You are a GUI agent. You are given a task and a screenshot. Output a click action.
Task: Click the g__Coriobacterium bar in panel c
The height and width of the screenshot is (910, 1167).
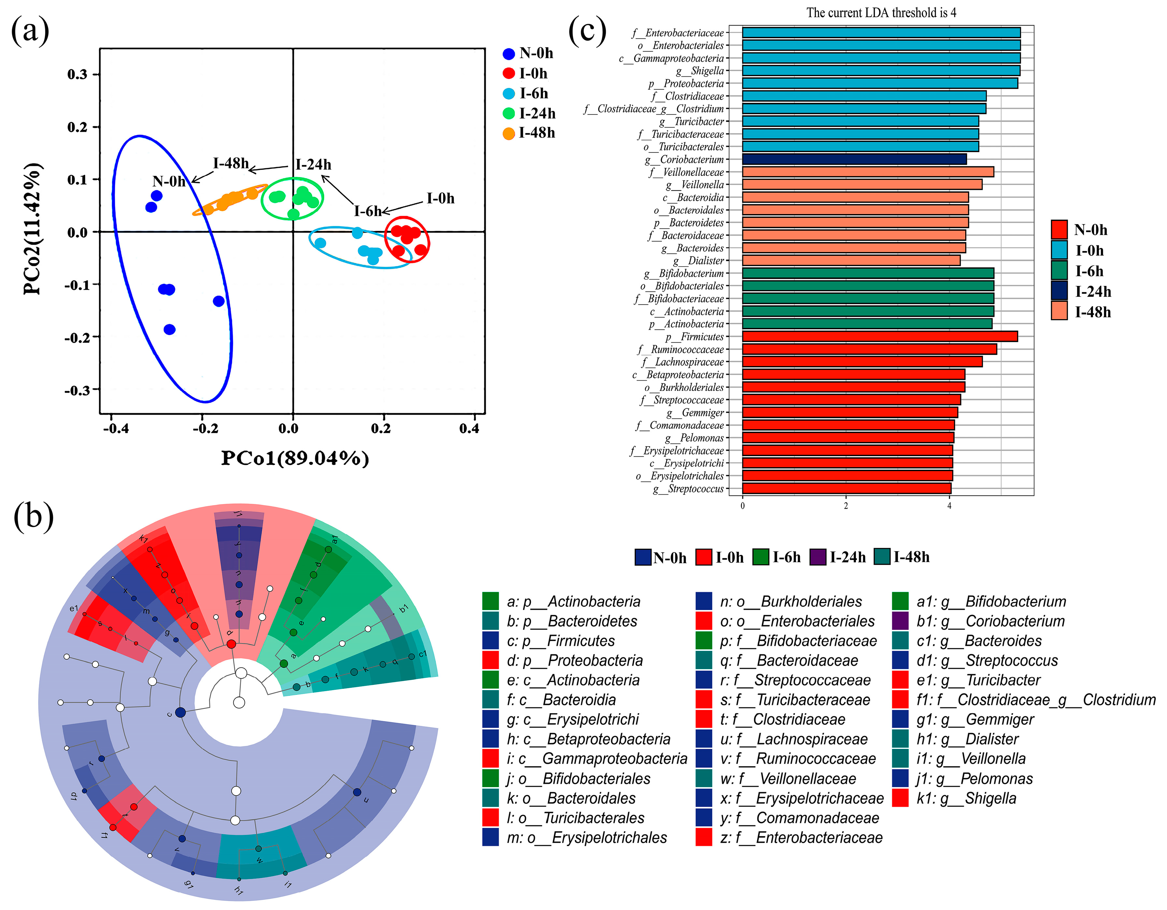pos(854,159)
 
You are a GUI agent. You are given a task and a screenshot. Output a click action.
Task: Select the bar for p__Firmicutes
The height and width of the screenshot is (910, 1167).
pos(879,336)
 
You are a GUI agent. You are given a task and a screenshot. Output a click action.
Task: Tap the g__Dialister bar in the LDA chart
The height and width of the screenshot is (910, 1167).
pos(851,260)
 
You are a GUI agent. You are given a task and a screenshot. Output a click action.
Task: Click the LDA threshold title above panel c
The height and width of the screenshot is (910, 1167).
pos(881,13)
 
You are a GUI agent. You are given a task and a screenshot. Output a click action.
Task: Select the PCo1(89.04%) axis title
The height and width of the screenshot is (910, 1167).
pos(295,458)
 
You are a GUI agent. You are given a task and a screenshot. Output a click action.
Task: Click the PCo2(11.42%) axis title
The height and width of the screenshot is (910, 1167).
pos(32,229)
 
